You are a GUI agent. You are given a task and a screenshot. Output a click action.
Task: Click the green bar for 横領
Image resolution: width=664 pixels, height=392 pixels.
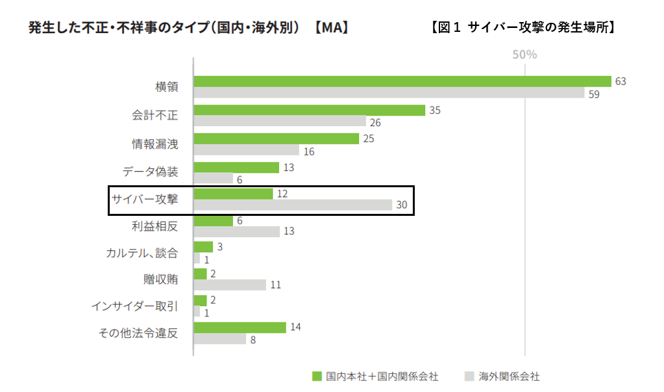[x=402, y=81]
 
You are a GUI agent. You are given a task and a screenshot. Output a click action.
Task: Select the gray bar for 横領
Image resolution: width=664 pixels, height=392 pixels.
[x=389, y=93]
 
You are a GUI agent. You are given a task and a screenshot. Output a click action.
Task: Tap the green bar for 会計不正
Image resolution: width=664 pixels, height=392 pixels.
[x=309, y=110]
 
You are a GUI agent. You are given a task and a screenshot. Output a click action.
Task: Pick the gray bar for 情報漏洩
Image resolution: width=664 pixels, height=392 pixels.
[x=247, y=150]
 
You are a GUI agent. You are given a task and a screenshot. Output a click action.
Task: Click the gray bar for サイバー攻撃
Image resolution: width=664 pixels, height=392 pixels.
[x=293, y=205]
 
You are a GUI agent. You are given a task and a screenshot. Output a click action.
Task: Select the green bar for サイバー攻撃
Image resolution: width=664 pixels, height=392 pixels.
[x=233, y=194]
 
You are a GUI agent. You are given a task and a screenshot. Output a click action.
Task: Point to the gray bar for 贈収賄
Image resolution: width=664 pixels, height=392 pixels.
[x=230, y=285]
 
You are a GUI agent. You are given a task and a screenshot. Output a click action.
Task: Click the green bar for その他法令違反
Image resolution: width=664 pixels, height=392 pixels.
[x=240, y=327]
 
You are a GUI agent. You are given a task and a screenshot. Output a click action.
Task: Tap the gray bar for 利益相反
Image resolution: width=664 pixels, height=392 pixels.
[x=236, y=231]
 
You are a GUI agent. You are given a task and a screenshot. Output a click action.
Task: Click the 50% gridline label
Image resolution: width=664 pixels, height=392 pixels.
[x=524, y=55]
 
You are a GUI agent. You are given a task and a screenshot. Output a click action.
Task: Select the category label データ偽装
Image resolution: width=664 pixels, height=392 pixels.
[x=150, y=172]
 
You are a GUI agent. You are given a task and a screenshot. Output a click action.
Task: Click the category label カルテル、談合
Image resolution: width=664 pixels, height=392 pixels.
[x=141, y=253]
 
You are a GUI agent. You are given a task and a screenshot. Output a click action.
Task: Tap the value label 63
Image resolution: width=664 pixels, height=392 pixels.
[x=621, y=81]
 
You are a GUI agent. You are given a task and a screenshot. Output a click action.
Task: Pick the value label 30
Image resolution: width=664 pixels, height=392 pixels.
[x=402, y=205]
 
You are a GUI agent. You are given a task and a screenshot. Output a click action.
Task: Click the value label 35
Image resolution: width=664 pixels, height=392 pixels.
[x=435, y=110]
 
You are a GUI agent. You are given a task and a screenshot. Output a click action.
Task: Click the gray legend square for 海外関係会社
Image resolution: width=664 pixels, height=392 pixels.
[x=469, y=376]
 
